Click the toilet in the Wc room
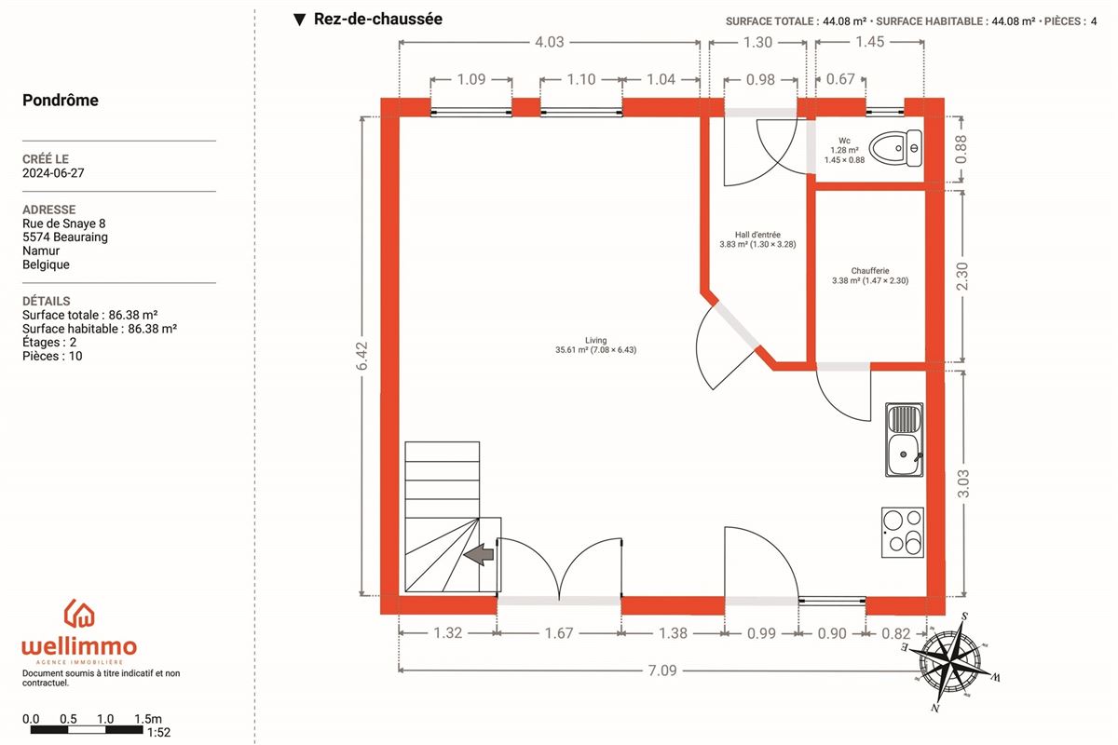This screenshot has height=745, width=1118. [x=896, y=148]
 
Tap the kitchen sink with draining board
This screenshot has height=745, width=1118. [x=905, y=440]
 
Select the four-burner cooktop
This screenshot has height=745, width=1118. [x=903, y=533]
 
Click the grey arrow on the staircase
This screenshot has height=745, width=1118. [x=479, y=554]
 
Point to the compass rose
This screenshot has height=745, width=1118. [x=949, y=662]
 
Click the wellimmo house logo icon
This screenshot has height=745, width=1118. [x=79, y=614]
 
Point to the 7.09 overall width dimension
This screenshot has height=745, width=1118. [x=662, y=670]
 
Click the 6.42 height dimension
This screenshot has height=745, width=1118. [x=362, y=356]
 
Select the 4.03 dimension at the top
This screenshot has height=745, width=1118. [x=549, y=42]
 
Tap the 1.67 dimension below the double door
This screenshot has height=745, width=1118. [x=559, y=633]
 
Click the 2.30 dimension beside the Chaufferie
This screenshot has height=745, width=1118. [x=961, y=276]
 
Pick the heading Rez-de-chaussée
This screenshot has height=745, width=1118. [x=378, y=19]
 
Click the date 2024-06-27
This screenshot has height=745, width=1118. [x=53, y=173]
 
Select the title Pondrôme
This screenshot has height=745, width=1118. [x=61, y=101]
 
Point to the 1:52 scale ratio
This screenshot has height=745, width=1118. [x=158, y=733]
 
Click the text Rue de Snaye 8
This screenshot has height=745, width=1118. [x=64, y=223]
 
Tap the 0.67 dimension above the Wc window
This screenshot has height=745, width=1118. [x=840, y=79]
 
